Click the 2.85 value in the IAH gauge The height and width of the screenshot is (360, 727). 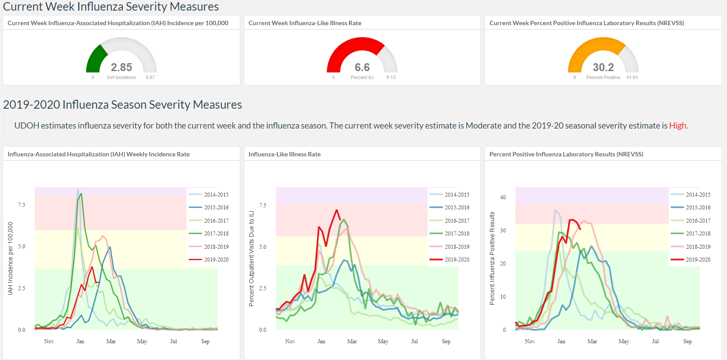[x=121, y=67]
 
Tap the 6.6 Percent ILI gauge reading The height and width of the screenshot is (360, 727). [x=362, y=67]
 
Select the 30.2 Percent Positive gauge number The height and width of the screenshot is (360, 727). [x=603, y=67]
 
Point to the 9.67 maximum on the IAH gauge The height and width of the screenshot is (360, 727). [x=150, y=77]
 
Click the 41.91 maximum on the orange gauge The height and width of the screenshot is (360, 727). [x=632, y=77]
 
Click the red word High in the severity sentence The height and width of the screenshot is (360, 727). [x=678, y=125]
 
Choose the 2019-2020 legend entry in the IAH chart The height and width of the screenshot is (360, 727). [x=208, y=259]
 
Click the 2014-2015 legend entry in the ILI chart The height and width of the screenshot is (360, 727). [x=450, y=194]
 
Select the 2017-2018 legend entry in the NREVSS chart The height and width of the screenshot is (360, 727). [x=691, y=233]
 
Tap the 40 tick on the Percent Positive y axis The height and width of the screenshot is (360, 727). [x=503, y=197]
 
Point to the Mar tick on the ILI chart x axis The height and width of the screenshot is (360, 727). [x=352, y=341]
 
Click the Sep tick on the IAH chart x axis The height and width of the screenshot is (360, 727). [x=205, y=341]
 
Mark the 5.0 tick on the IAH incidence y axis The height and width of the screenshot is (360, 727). [x=21, y=246]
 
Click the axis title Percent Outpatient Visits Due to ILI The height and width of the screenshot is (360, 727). [x=251, y=258]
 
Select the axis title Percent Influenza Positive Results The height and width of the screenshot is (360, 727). [x=492, y=258]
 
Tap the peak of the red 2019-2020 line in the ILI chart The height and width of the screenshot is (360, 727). [x=337, y=210]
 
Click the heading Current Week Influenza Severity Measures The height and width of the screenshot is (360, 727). [x=111, y=6]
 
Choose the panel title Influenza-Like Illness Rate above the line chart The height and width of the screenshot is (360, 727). [x=284, y=154]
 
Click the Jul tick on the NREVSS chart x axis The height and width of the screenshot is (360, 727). [x=655, y=341]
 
